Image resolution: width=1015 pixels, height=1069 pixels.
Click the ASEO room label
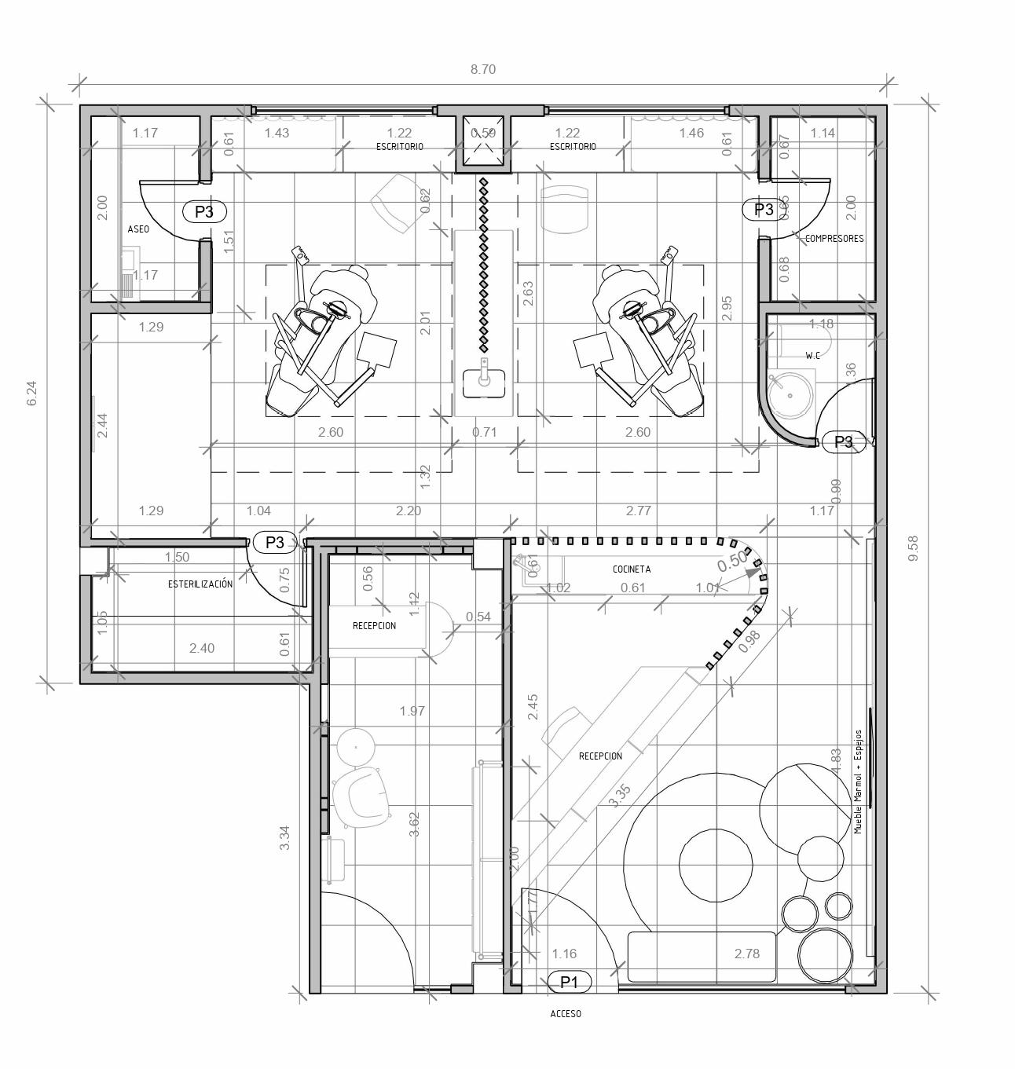138,229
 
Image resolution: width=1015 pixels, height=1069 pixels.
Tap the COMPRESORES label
834,238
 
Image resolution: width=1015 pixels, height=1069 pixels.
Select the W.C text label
812,356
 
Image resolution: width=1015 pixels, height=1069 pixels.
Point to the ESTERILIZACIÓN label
200,584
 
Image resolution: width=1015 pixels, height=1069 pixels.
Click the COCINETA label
632,569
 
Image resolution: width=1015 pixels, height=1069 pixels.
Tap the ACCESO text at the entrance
566,1014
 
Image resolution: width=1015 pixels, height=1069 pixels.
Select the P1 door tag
569,982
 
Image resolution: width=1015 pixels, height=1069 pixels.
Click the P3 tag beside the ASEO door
204,211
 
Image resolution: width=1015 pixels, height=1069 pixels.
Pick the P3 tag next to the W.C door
843,442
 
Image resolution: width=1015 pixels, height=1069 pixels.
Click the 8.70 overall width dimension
483,69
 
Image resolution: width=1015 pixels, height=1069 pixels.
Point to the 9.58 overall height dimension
913,548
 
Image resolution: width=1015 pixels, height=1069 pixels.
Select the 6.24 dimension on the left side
31,394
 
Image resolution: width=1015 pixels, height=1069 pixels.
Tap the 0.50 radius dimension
732,561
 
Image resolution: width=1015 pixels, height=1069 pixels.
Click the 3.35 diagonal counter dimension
620,796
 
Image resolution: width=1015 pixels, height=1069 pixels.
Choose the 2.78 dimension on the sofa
747,954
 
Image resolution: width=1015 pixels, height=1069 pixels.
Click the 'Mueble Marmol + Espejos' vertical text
858,782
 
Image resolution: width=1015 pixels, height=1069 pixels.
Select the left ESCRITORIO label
399,147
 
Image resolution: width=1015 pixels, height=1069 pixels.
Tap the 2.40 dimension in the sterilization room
202,648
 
